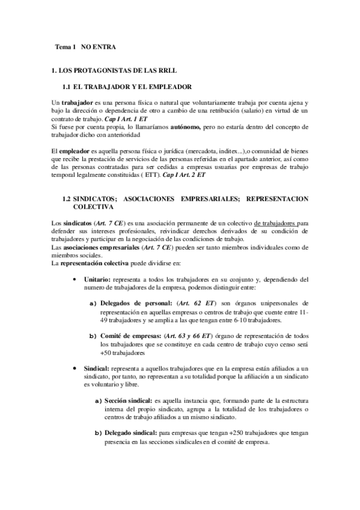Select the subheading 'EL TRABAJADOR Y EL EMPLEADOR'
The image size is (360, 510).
[x=135, y=87]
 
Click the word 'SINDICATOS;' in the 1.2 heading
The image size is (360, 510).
[x=102, y=198]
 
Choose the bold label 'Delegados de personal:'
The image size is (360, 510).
[x=133, y=303]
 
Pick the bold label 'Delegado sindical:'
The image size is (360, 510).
[x=130, y=431]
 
